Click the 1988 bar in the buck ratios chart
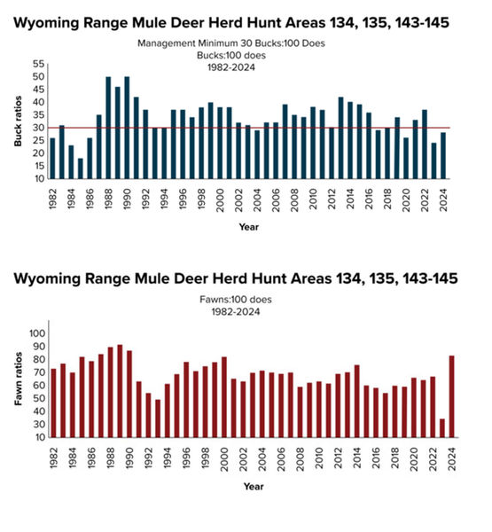click(x=108, y=128)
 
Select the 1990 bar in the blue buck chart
click(x=127, y=128)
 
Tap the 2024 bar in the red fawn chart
click(x=451, y=396)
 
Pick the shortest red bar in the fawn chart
click(x=442, y=428)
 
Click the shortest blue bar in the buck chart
click(x=81, y=168)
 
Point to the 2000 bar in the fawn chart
click(x=224, y=397)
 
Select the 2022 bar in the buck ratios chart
click(x=425, y=145)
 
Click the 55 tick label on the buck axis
click(x=39, y=64)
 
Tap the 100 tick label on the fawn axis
click(x=37, y=333)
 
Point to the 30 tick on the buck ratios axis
click(x=39, y=128)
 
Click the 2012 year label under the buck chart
click(x=332, y=199)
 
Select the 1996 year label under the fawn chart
click(x=186, y=458)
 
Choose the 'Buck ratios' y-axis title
click(x=18, y=121)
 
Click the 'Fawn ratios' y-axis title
click(x=19, y=379)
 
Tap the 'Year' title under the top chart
click(x=249, y=227)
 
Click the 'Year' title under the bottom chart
click(x=254, y=487)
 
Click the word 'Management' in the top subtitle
click(x=167, y=43)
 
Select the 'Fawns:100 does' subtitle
click(x=236, y=300)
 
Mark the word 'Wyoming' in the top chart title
click(x=46, y=24)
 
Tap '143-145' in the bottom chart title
click(x=430, y=278)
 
